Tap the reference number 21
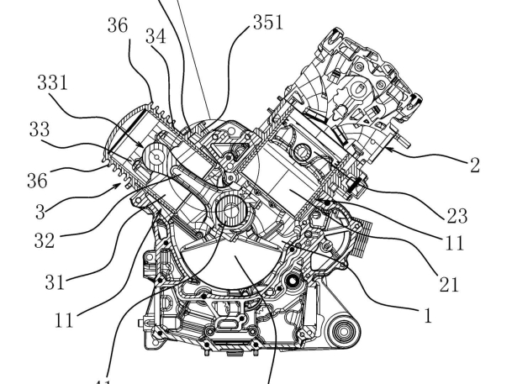point(459,285)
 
